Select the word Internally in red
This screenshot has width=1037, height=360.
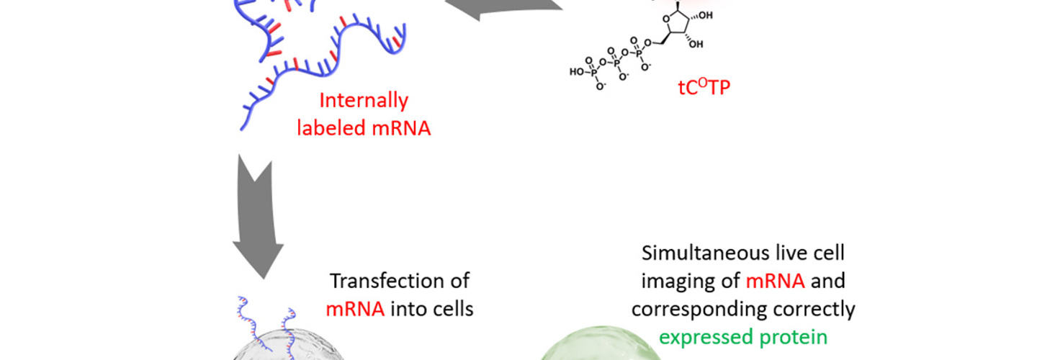coord(364,100)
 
